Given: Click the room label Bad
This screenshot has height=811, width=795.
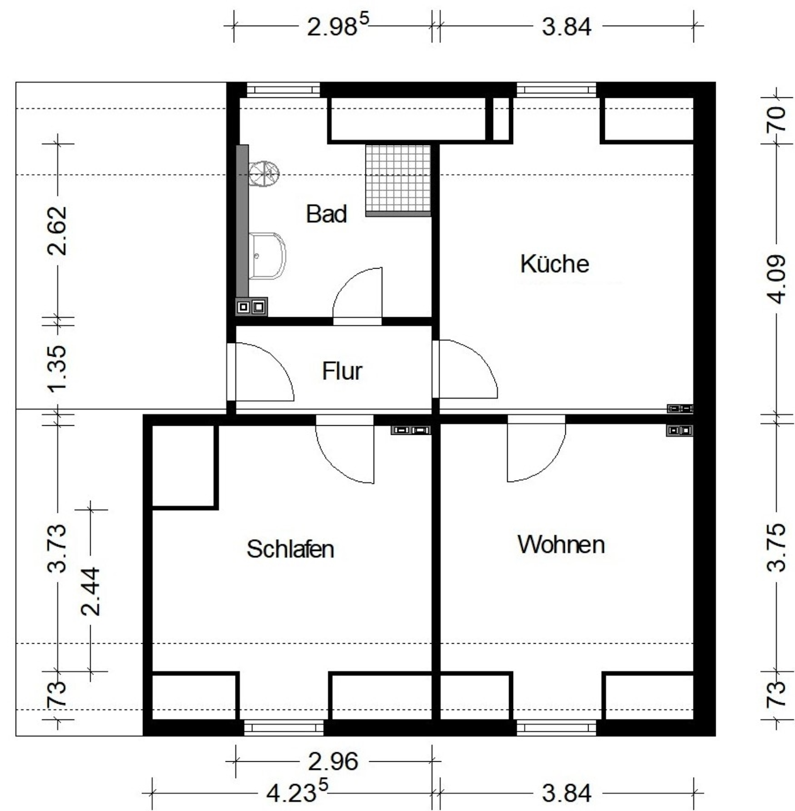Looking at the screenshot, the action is coord(327,214).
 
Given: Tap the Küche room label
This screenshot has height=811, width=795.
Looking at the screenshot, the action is coord(555,264).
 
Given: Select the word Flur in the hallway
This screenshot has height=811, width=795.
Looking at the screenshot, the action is coord(342,371).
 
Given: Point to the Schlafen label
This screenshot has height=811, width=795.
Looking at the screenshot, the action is coord(291,549).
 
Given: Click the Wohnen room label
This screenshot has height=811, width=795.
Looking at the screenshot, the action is coord(561,544).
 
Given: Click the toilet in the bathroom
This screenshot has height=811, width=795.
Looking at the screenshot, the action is coord(264,173).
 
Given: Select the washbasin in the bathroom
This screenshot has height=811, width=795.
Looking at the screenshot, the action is coord(267,256).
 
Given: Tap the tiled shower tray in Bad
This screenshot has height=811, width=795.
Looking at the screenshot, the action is coord(398,180).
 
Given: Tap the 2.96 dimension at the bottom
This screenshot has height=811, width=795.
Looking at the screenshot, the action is coord(333,761).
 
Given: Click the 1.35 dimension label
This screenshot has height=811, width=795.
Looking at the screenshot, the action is coord(56,368).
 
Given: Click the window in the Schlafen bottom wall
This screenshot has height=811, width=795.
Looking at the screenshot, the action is coord(284,728).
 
